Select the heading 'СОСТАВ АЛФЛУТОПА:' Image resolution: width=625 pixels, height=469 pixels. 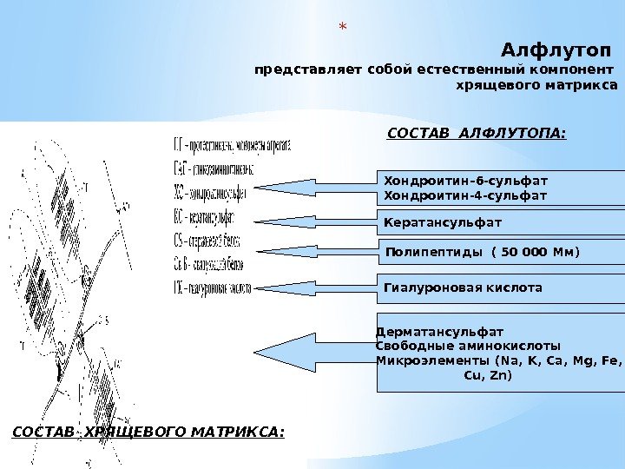tap(475, 134)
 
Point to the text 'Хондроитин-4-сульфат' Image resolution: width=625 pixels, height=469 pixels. tap(466, 195)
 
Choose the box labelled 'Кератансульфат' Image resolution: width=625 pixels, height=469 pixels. tap(502, 223)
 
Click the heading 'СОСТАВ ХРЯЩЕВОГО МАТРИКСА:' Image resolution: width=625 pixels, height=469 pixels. tap(148, 431)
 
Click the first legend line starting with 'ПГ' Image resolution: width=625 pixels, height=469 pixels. tap(231, 145)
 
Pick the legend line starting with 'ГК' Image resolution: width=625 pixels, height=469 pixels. tap(213, 287)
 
